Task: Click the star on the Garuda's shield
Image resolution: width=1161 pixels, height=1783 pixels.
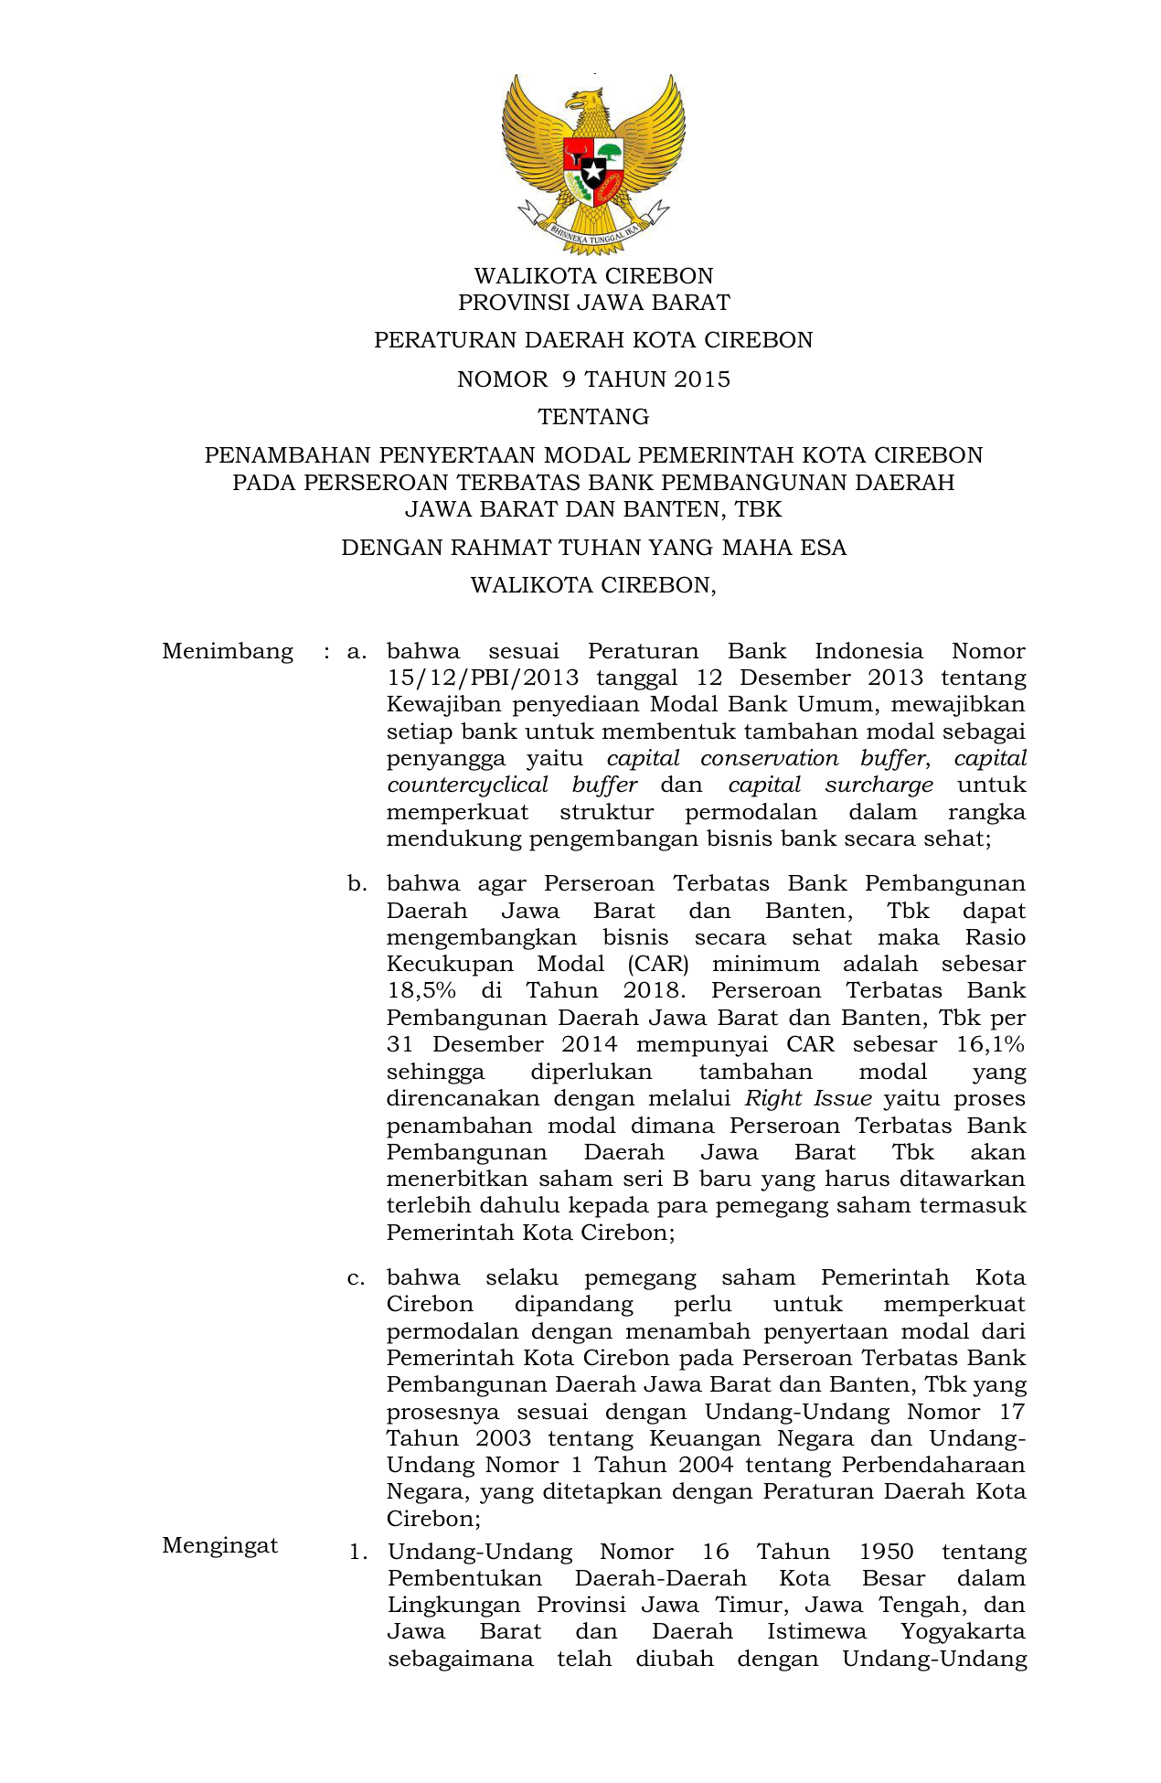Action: click(593, 171)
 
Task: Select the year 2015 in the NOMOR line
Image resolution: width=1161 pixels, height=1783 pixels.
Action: click(702, 379)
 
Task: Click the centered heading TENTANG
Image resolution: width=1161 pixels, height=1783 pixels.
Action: click(593, 417)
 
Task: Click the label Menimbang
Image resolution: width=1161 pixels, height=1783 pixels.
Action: click(228, 652)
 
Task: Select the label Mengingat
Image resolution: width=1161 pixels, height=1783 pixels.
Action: click(220, 1545)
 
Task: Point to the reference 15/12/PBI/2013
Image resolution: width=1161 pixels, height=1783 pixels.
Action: click(483, 678)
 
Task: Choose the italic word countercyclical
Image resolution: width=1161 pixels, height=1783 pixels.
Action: click(467, 785)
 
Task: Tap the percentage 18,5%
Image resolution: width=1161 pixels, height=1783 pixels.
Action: click(421, 991)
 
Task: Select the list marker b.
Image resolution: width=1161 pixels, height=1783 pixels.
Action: click(357, 884)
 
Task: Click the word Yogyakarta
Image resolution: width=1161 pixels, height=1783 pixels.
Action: click(963, 1632)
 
